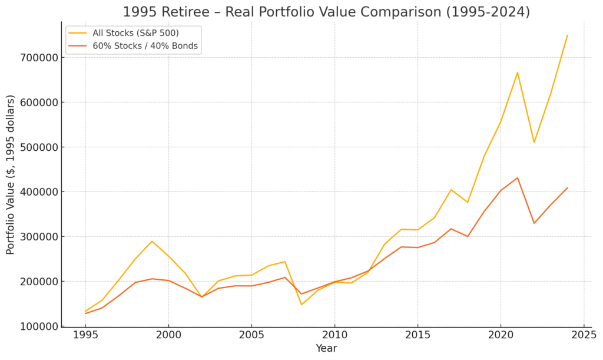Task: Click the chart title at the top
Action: [x=326, y=12]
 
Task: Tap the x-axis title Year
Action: [x=326, y=349]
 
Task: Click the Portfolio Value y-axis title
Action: [x=11, y=174]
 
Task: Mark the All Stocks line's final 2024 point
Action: [x=567, y=35]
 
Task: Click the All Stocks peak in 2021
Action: [x=517, y=72]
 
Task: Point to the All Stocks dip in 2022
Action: [x=534, y=142]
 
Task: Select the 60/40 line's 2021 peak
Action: [x=517, y=177]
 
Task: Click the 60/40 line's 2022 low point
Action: [x=534, y=223]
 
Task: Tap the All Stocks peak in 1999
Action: [x=152, y=241]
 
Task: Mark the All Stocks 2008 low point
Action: [x=301, y=305]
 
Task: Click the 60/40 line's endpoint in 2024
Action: [x=567, y=188]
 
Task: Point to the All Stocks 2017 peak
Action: [x=451, y=190]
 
